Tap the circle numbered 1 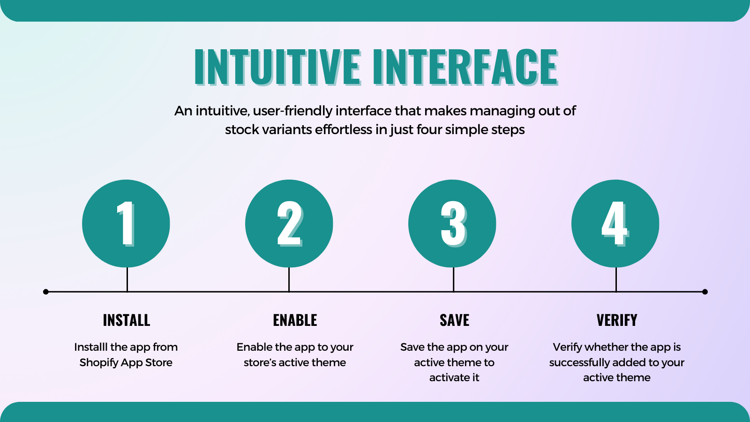click(126, 223)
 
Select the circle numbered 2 click(289, 223)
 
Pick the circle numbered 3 click(452, 223)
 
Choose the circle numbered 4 click(615, 223)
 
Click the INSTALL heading click(127, 320)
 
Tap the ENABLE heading click(295, 320)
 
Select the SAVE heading click(454, 320)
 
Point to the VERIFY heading click(617, 320)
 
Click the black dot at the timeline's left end click(46, 292)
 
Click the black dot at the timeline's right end click(705, 292)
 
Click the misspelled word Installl click(91, 347)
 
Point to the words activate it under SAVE click(454, 377)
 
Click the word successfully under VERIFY click(579, 362)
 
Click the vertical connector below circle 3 click(453, 279)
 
